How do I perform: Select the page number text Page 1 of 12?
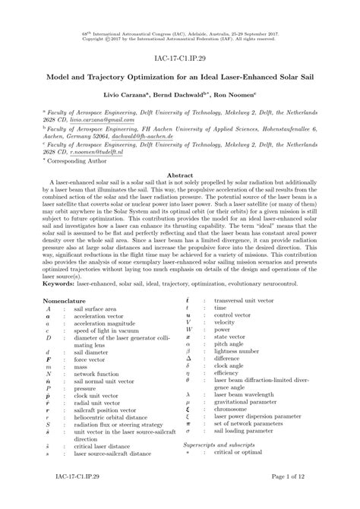point(296,497)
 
